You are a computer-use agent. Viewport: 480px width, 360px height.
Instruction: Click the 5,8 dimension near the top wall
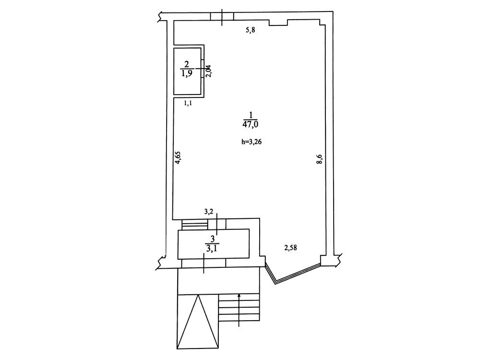coord(251,30)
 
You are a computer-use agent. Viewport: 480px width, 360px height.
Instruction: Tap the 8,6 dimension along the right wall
coord(319,159)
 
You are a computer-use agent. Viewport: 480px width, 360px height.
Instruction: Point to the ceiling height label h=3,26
coord(251,142)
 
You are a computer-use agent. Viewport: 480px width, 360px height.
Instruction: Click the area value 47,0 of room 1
coord(250,124)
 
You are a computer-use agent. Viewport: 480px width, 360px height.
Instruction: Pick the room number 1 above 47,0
coord(251,115)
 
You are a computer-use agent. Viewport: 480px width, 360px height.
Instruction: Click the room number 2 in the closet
coord(187,64)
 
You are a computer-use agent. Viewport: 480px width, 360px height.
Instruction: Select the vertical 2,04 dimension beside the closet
coord(208,72)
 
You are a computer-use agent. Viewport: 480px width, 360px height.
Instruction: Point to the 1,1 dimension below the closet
coord(188,103)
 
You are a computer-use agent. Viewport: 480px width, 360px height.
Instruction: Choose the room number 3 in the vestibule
coord(213,239)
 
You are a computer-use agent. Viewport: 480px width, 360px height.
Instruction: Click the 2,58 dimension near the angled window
coord(290,248)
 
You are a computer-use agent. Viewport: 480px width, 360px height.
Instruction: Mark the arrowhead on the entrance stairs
coord(239,295)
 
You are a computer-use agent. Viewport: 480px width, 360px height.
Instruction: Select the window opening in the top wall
coord(222,16)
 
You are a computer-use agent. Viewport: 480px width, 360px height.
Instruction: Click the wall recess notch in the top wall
coord(278,23)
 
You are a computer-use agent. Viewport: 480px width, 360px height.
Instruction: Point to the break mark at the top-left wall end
coord(160,16)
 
